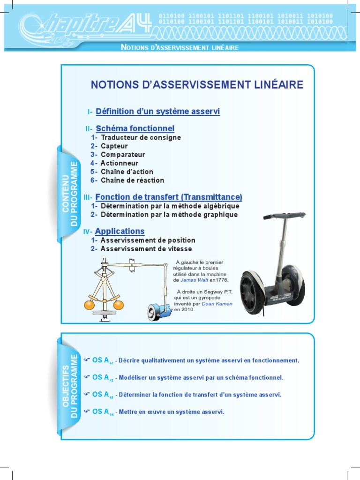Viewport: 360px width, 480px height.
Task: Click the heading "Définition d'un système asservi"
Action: point(157,112)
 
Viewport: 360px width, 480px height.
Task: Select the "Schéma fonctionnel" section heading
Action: point(135,128)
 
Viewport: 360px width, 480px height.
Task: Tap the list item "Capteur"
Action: point(114,146)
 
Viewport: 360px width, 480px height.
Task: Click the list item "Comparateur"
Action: point(123,155)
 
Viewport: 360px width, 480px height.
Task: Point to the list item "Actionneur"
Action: point(120,163)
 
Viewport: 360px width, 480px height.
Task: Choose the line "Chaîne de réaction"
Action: point(133,180)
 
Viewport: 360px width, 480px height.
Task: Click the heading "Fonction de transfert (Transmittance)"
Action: point(169,197)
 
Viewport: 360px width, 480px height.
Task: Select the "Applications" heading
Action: point(120,232)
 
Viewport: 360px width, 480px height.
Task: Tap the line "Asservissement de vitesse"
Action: point(146,249)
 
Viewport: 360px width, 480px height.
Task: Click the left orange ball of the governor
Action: point(90,305)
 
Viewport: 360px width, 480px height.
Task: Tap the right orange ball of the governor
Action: point(119,305)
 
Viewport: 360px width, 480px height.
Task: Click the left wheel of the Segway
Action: point(251,292)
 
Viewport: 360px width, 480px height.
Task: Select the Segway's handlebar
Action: point(284,216)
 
